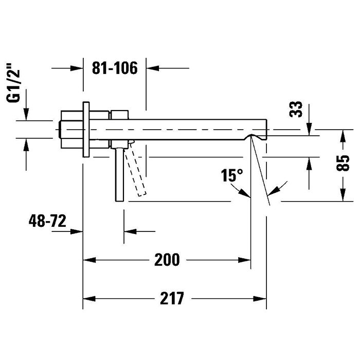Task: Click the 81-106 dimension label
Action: click(x=115, y=68)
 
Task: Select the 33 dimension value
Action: click(x=296, y=109)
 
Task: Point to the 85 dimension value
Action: click(x=343, y=163)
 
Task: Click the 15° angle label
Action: click(x=232, y=175)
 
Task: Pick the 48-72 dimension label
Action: click(x=47, y=221)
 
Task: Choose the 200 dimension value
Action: click(x=167, y=260)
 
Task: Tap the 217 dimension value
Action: click(x=172, y=298)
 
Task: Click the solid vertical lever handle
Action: click(x=119, y=175)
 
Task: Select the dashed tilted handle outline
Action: click(x=135, y=169)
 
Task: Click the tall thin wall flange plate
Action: click(x=86, y=130)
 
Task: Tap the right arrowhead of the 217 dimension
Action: click(x=260, y=299)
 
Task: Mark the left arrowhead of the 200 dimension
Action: click(x=89, y=260)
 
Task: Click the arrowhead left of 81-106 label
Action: click(x=77, y=68)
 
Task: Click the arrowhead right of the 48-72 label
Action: click(x=77, y=231)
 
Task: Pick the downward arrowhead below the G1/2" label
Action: click(x=26, y=114)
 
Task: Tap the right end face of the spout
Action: click(x=266, y=129)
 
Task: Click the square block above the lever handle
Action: click(x=119, y=130)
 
